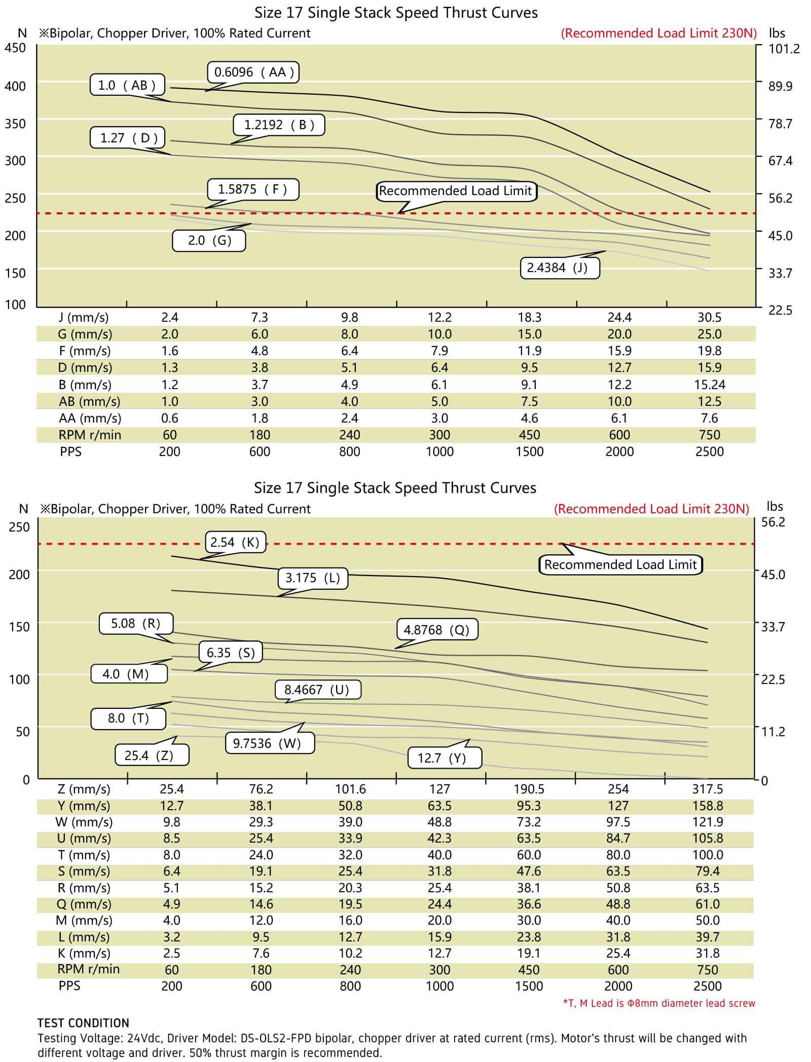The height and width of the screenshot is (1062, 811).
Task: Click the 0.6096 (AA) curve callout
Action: pyautogui.click(x=253, y=72)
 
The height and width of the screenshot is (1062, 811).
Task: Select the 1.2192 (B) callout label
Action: pyautogui.click(x=279, y=125)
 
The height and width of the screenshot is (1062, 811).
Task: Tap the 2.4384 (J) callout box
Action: pyautogui.click(x=560, y=268)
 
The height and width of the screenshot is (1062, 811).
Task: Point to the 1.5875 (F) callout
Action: pyautogui.click(x=253, y=189)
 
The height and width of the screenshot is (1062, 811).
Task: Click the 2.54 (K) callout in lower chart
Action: pyautogui.click(x=235, y=542)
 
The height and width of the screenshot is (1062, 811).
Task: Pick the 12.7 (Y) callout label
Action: pyautogui.click(x=445, y=758)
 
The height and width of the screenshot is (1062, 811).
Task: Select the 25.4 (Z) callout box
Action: pyautogui.click(x=152, y=755)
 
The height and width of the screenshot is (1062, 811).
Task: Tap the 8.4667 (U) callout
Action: pyautogui.click(x=318, y=690)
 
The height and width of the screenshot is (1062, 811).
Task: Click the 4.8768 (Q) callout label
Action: pyautogui.click(x=437, y=630)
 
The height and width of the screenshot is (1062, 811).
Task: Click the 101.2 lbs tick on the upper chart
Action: pyautogui.click(x=784, y=49)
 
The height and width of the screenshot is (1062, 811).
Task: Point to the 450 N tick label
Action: pyautogui.click(x=15, y=48)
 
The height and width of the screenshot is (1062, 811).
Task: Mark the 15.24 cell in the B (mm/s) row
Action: pyautogui.click(x=709, y=385)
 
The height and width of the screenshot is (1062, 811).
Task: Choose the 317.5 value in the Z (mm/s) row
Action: pyautogui.click(x=708, y=789)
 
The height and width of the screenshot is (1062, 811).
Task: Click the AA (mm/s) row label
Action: pyautogui.click(x=90, y=418)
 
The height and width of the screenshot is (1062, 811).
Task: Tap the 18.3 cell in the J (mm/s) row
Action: pyautogui.click(x=529, y=318)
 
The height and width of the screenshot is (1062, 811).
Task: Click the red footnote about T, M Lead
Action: pyautogui.click(x=659, y=1003)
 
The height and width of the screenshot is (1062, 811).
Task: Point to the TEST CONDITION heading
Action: pyautogui.click(x=83, y=1022)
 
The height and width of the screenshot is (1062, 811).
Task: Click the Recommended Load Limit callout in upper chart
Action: pyautogui.click(x=456, y=191)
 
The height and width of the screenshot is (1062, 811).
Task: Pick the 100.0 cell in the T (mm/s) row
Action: pyautogui.click(x=708, y=855)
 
